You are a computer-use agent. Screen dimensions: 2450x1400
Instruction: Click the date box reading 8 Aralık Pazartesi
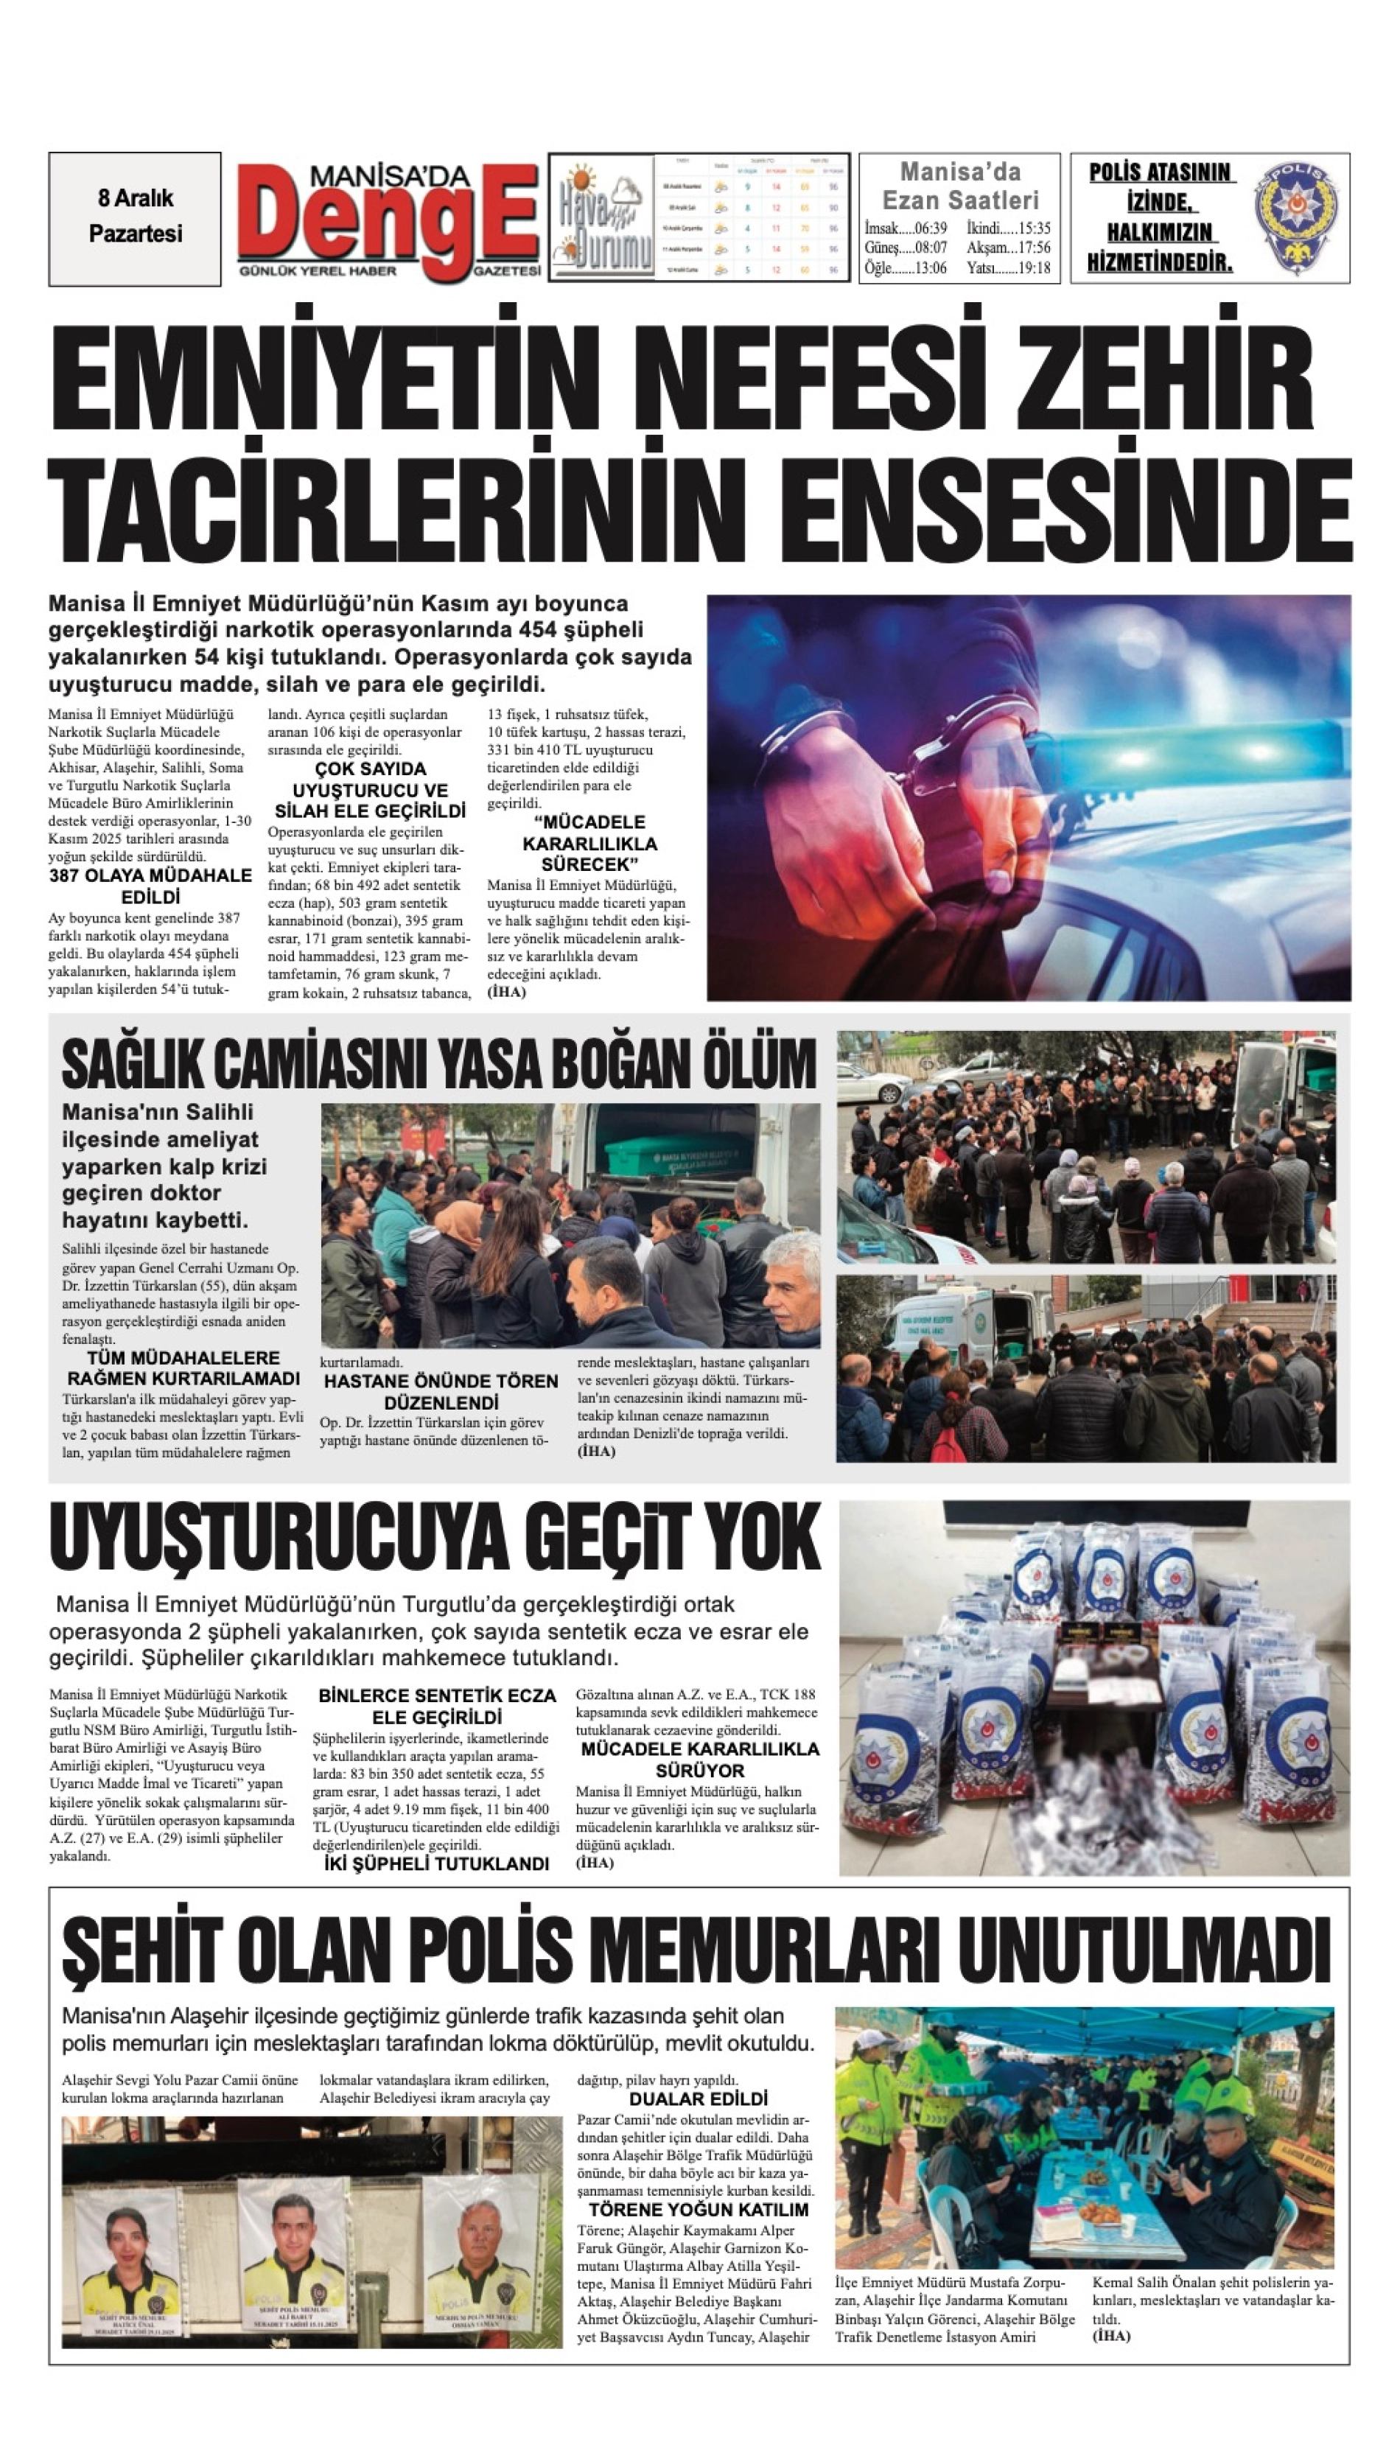click(x=135, y=217)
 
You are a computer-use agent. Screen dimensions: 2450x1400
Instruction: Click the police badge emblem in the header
click(x=1297, y=218)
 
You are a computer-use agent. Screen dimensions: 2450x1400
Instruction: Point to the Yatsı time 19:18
click(x=1009, y=268)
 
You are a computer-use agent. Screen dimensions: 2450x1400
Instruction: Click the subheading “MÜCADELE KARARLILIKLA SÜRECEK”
click(x=589, y=843)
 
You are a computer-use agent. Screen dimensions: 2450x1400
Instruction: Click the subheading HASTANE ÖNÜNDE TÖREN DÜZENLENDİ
click(x=441, y=1391)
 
